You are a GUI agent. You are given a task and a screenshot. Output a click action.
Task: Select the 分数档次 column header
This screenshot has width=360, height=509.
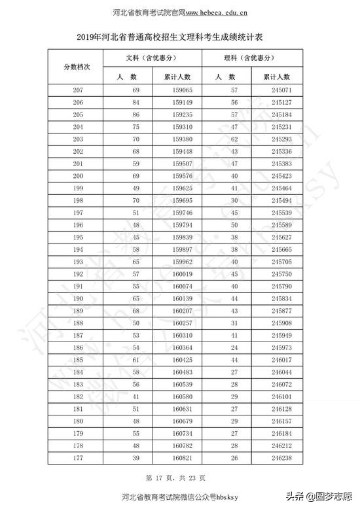(81, 67)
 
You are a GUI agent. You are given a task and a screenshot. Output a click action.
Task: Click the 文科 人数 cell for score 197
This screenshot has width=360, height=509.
(136, 213)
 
